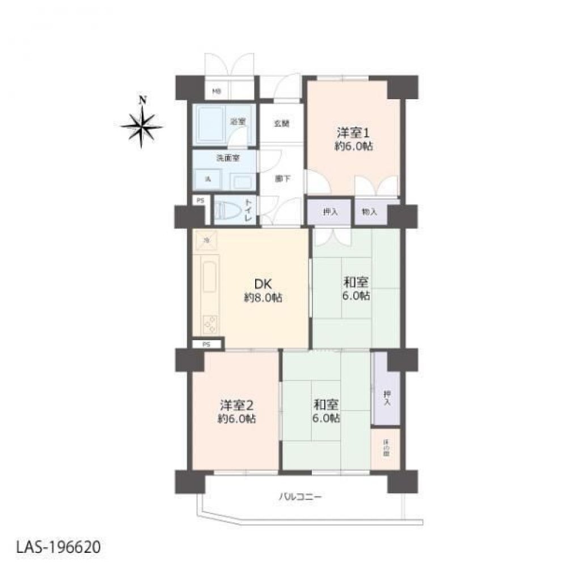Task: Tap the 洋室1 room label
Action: (353, 134)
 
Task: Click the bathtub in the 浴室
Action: (212, 125)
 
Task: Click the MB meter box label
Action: (217, 91)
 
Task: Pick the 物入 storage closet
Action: (370, 211)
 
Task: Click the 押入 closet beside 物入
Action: (330, 211)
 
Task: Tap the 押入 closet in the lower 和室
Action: (386, 397)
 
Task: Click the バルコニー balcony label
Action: (300, 497)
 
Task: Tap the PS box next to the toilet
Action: (200, 200)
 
